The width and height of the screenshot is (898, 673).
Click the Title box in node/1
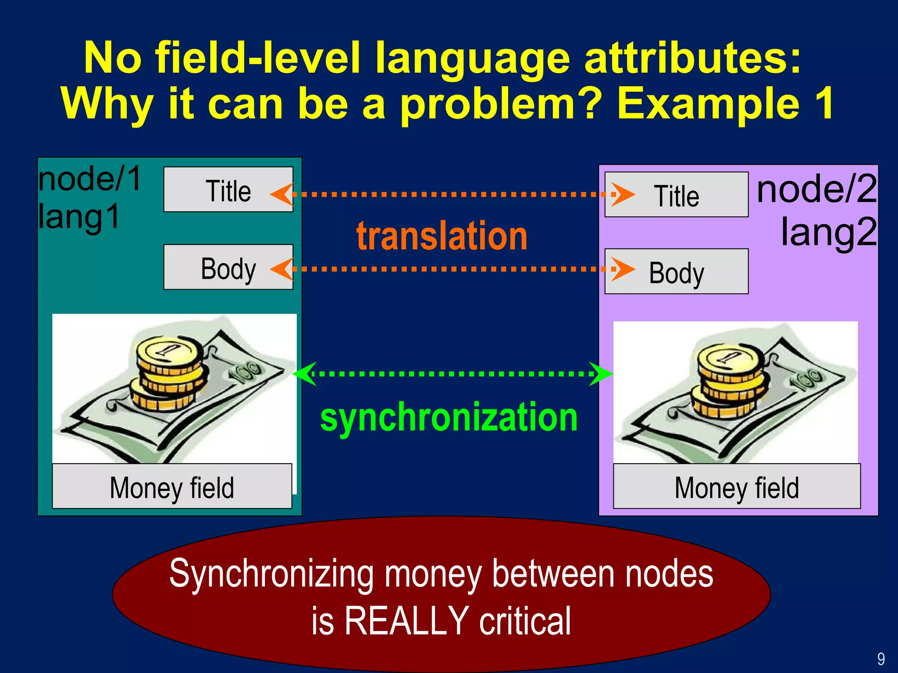point(228,190)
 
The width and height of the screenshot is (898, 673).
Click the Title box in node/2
point(676,195)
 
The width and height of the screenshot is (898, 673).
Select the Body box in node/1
point(228,267)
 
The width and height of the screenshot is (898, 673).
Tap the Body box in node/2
point(676,272)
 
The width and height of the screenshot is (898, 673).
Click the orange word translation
point(442,237)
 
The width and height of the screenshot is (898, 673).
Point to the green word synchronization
point(449,417)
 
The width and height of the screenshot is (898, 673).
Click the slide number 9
point(881,659)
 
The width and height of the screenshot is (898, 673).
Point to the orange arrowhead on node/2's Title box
point(623,194)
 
